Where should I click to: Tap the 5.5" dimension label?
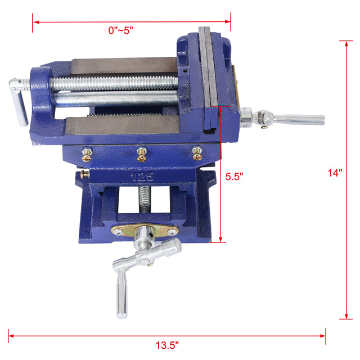(234, 176)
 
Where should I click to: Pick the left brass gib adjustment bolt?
(88, 152)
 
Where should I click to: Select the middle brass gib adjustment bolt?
(142, 152)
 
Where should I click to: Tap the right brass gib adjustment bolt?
(197, 152)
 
